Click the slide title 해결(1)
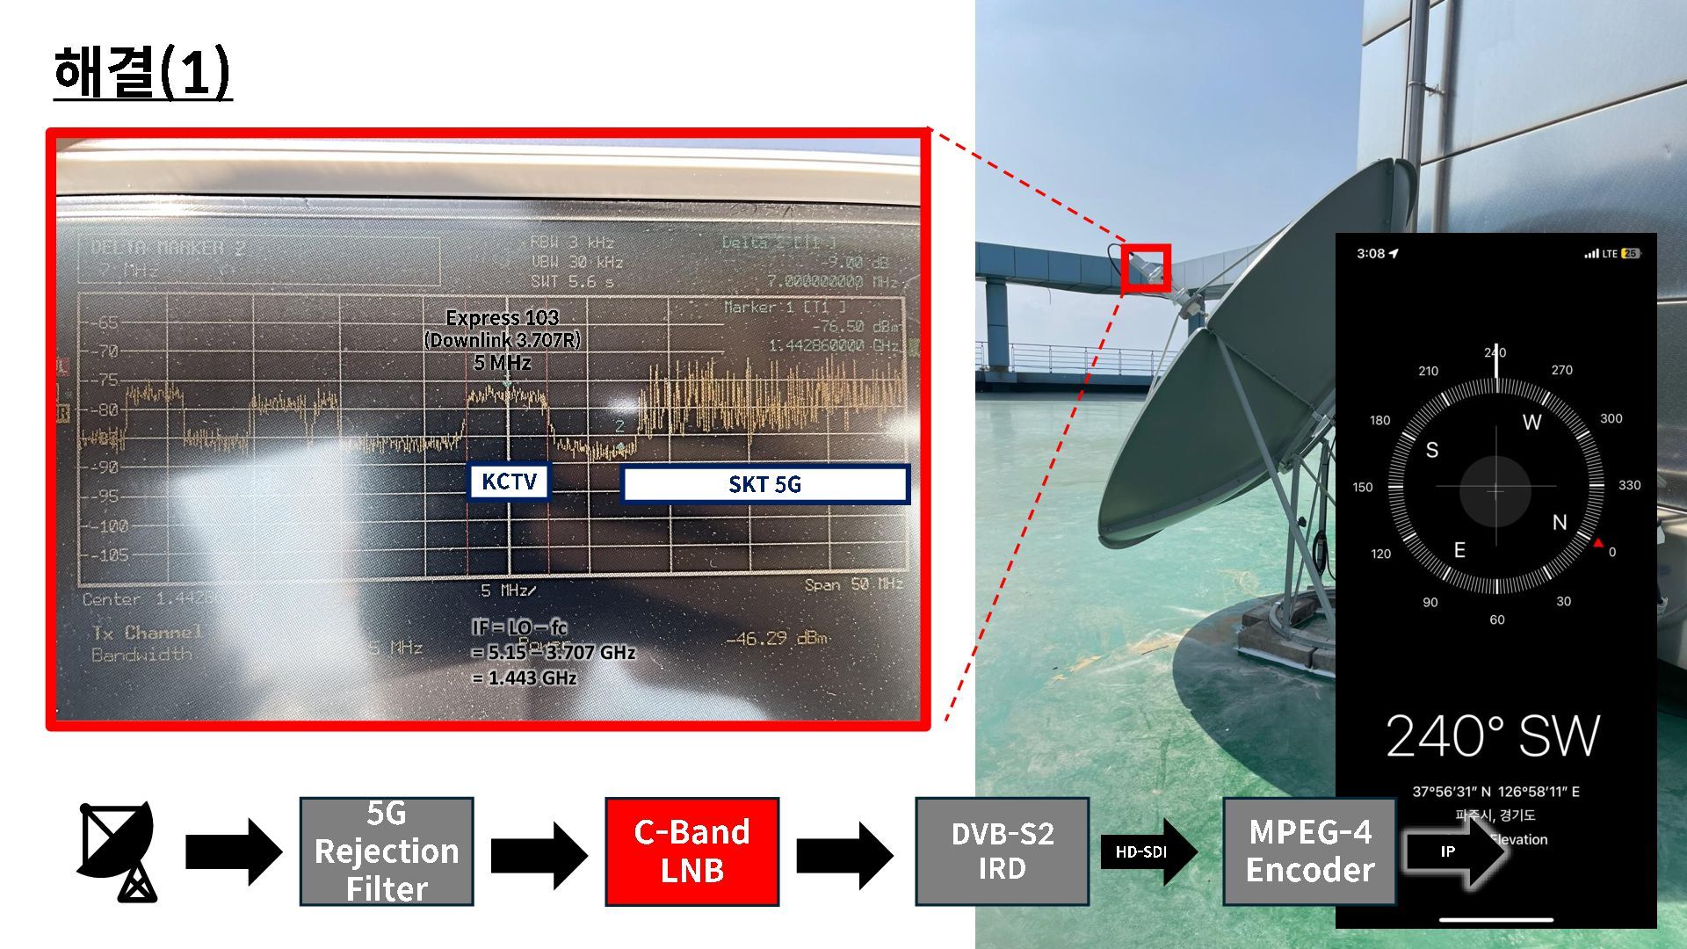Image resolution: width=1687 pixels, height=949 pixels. click(142, 72)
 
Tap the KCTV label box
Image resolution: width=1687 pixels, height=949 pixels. click(509, 482)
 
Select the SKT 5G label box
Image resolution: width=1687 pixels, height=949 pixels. click(764, 484)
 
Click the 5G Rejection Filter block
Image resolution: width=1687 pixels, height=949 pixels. click(387, 851)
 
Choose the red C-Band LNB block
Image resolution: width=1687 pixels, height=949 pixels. click(691, 851)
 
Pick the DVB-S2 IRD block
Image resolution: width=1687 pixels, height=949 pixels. click(1002, 851)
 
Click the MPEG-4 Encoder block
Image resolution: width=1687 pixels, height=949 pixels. click(1309, 851)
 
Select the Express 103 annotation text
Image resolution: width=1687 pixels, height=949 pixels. click(503, 318)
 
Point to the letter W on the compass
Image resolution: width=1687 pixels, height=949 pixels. click(1531, 423)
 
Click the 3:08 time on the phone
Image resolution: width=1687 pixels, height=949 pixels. click(1371, 254)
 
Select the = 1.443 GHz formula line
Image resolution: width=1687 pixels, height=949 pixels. click(525, 678)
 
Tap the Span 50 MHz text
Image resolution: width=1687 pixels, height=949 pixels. click(853, 584)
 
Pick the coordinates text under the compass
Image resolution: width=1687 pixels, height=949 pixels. click(1495, 792)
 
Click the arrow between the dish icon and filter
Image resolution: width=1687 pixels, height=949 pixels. click(233, 851)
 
